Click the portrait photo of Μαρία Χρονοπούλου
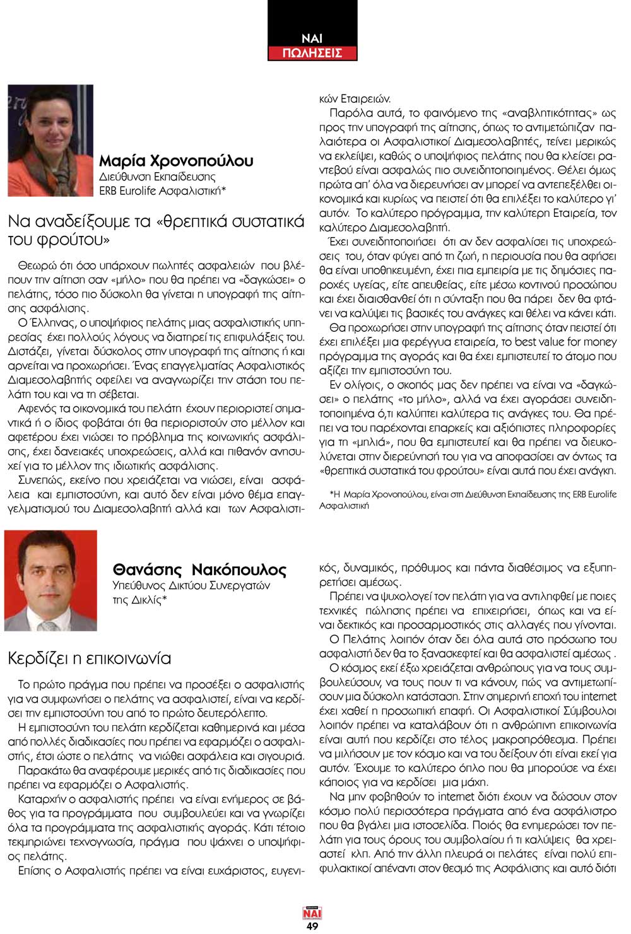[x=50, y=141]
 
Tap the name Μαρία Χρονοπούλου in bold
[x=176, y=161]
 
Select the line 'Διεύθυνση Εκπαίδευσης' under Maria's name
[x=157, y=177]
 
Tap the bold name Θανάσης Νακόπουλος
[x=199, y=569]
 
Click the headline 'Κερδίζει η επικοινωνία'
[x=89, y=658]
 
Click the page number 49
[x=312, y=926]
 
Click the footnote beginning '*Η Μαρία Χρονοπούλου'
[x=468, y=499]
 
